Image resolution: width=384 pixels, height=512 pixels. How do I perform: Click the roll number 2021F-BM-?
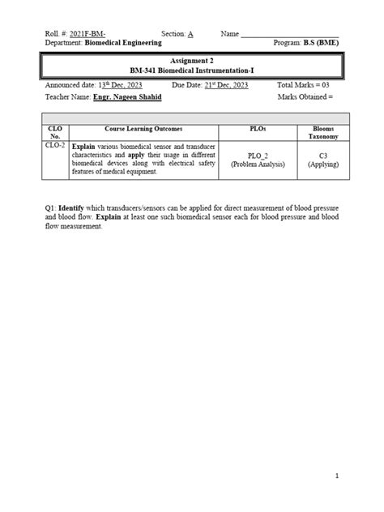pos(89,33)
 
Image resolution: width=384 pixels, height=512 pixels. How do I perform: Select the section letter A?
pos(190,33)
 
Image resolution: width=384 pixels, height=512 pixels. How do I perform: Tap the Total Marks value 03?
pos(324,85)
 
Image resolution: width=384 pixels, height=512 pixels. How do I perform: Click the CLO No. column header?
pos(55,132)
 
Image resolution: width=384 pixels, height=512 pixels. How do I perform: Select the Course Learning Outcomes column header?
pos(143,128)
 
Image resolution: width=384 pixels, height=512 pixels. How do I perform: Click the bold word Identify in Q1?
pos(74,208)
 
